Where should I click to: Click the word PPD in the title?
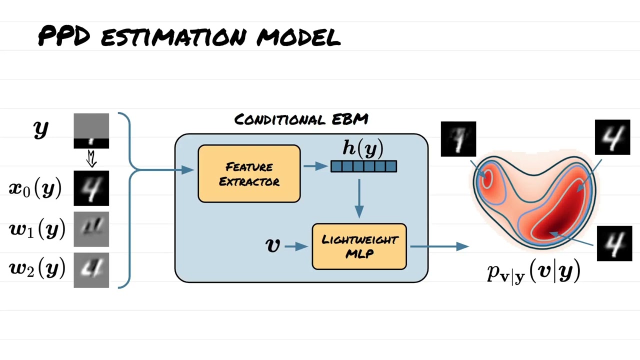pyautogui.click(x=63, y=36)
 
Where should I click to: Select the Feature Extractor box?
pyautogui.click(x=249, y=173)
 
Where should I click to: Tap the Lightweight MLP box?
pyautogui.click(x=359, y=246)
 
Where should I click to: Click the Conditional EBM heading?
pyautogui.click(x=301, y=119)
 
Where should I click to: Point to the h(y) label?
pyautogui.click(x=363, y=148)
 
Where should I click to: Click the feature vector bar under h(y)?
pyautogui.click(x=363, y=166)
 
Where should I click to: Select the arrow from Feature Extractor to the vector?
pyautogui.click(x=315, y=166)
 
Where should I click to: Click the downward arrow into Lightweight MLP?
pyautogui.click(x=358, y=198)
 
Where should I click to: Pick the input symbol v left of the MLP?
pyautogui.click(x=273, y=245)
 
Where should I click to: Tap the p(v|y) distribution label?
pyautogui.click(x=533, y=272)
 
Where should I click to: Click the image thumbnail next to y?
pyautogui.click(x=91, y=131)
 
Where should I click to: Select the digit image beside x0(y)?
pyautogui.click(x=91, y=188)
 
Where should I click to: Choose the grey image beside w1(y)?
pyautogui.click(x=91, y=229)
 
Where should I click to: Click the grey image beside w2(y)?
pyautogui.click(x=91, y=270)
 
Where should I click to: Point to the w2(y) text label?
pyautogui.click(x=37, y=269)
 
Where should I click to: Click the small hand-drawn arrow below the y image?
pyautogui.click(x=91, y=159)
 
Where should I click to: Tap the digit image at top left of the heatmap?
pyautogui.click(x=458, y=139)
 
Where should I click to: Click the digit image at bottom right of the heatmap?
pyautogui.click(x=614, y=243)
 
